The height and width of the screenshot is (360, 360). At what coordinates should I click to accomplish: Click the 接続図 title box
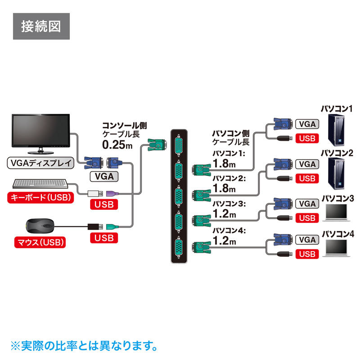click(40, 27)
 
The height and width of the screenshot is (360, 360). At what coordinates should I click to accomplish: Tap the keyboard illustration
click(41, 184)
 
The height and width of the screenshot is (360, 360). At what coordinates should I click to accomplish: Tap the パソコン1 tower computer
click(338, 131)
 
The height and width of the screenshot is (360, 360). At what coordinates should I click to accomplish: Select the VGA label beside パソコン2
click(307, 164)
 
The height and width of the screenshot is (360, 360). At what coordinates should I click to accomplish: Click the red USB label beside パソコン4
click(307, 254)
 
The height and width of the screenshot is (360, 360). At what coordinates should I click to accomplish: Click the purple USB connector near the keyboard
click(112, 193)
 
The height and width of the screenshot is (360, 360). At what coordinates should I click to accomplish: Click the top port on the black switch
click(179, 144)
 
